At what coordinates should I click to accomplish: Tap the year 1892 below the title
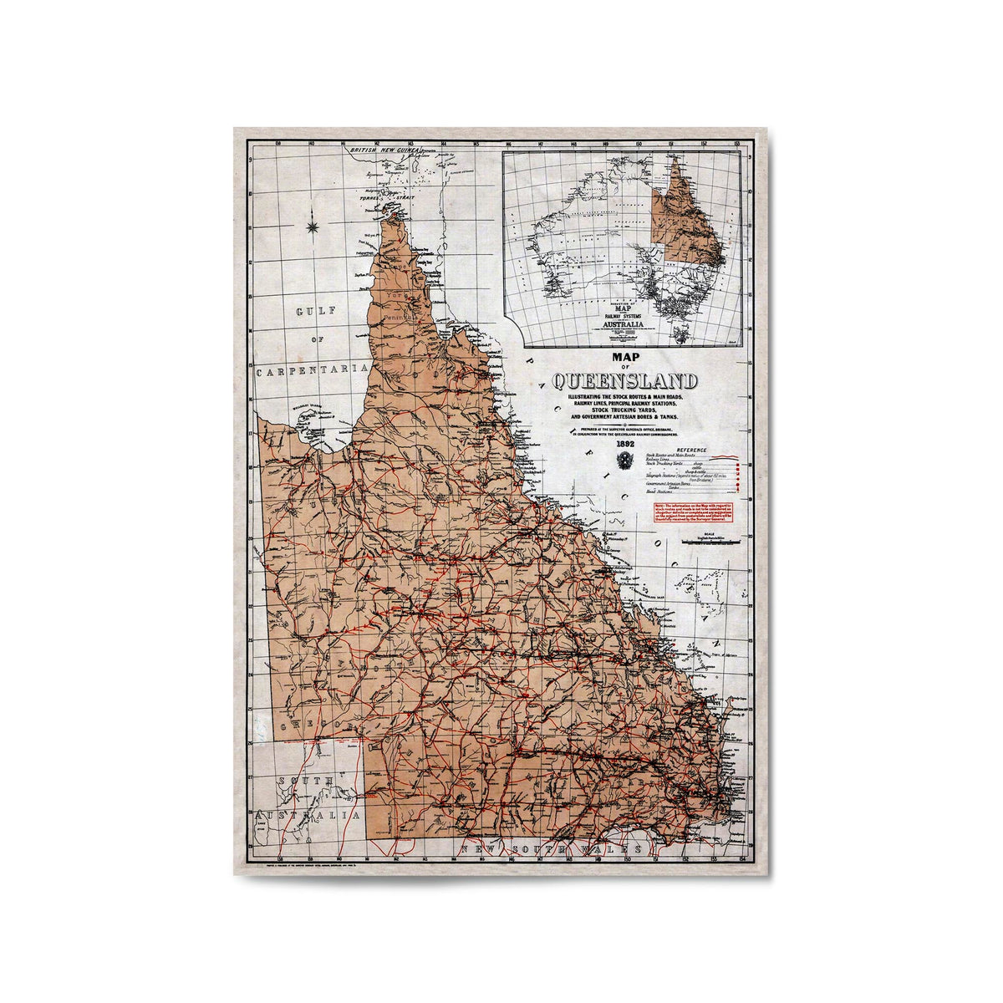pos(627,444)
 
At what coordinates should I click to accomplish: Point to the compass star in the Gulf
pos(313,223)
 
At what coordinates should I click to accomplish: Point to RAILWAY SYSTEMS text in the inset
pos(623,315)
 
